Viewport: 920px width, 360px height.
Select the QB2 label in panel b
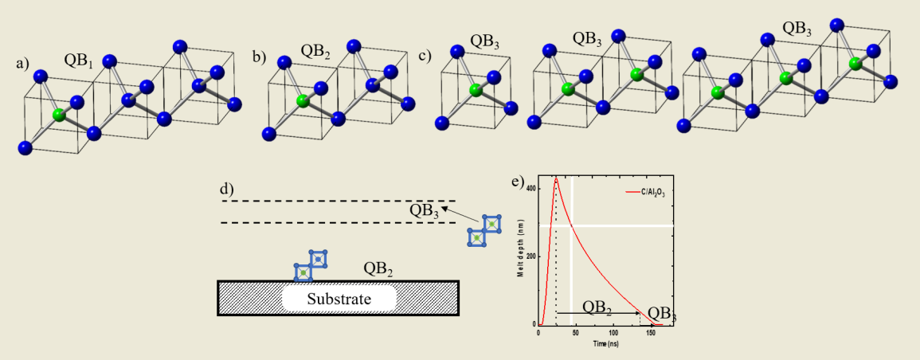(316, 51)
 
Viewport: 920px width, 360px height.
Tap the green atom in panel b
(303, 101)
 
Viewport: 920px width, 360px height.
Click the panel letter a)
(22, 64)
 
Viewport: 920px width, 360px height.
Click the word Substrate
(339, 299)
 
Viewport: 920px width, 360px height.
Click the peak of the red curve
(556, 179)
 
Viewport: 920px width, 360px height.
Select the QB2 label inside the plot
(597, 307)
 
